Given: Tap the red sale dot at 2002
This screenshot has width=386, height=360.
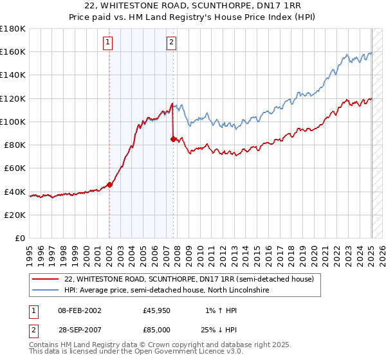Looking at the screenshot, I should pos(109,184).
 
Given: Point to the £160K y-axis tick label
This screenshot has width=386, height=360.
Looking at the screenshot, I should pos(13,51).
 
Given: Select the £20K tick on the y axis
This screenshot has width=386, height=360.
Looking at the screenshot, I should pos(15,215).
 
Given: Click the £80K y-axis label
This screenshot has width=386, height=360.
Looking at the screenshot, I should pos(15,145).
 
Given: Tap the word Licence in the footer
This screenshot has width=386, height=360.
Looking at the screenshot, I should pos(191,352).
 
